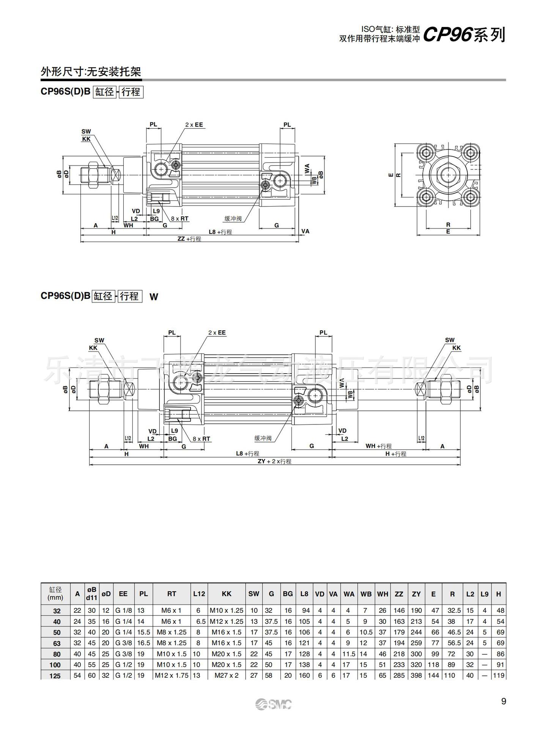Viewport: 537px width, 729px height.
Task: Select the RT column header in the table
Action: click(x=172, y=594)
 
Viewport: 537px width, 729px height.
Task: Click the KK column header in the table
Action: click(x=226, y=594)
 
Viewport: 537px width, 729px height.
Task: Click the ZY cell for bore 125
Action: click(x=416, y=675)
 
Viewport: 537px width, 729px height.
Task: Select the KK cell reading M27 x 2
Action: click(x=226, y=675)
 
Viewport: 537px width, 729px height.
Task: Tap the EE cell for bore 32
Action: click(x=123, y=611)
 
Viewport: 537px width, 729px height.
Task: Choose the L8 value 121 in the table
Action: click(x=304, y=643)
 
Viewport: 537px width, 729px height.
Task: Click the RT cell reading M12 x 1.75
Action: click(x=172, y=675)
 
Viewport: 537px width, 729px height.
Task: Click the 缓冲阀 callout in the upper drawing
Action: click(x=233, y=219)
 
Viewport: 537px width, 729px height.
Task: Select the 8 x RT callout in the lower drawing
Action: click(x=201, y=439)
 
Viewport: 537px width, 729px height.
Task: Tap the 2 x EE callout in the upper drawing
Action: click(x=194, y=125)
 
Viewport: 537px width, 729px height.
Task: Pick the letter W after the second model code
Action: click(x=153, y=297)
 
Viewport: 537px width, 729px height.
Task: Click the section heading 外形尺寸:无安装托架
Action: click(x=91, y=72)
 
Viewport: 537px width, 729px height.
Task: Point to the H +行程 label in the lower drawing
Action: click(x=395, y=454)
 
